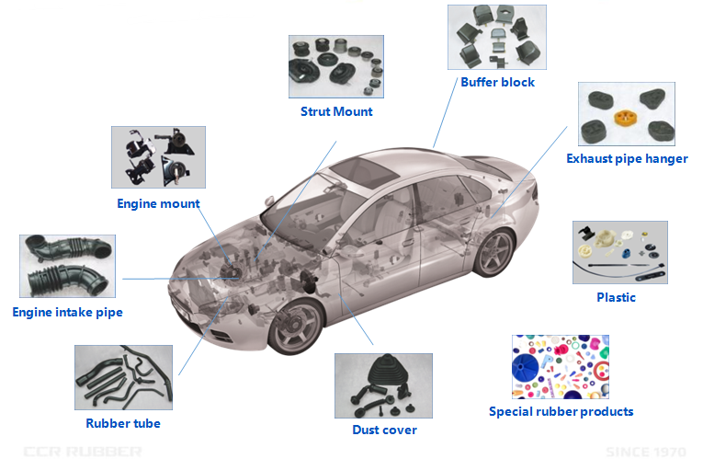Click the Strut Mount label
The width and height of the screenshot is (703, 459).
(336, 111)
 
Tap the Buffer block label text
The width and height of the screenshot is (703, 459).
(498, 82)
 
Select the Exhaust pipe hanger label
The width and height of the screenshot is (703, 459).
(627, 159)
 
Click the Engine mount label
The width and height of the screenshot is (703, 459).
(158, 203)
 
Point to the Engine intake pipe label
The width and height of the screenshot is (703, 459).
(68, 312)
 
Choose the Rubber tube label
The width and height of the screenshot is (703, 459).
(123, 423)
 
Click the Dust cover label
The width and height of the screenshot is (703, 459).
(385, 430)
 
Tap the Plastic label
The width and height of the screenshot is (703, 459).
(616, 297)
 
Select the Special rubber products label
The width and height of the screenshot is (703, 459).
(561, 411)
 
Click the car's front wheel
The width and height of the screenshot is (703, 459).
(296, 326)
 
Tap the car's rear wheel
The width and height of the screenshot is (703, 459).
(495, 253)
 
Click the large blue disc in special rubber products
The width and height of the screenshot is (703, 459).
(525, 367)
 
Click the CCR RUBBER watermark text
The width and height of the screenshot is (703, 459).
(83, 452)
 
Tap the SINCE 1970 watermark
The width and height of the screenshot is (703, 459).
(646, 452)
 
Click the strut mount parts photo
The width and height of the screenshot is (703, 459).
(336, 66)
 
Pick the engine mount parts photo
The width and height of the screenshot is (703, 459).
(158, 157)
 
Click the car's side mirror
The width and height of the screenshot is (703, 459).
(270, 201)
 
